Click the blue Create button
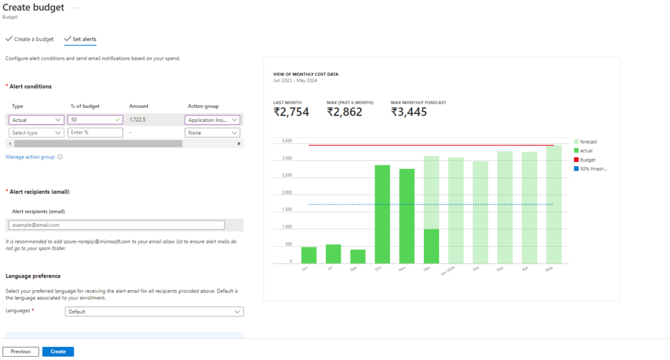[58, 351]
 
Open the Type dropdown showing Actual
[37, 120]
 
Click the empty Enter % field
[95, 133]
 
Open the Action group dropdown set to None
[212, 133]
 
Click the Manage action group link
[30, 157]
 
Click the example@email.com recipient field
[116, 225]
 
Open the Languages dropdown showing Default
[154, 312]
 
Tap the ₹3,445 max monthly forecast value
[409, 112]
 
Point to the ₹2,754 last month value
[291, 112]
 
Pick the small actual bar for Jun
[309, 255]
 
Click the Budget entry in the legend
[588, 160]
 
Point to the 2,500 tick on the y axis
[287, 175]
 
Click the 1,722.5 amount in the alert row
[137, 120]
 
